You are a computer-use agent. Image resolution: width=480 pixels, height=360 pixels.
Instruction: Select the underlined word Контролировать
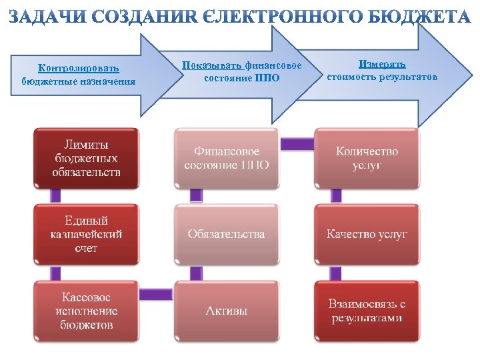(79, 68)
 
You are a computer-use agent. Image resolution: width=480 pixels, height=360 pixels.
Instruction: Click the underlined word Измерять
(382, 64)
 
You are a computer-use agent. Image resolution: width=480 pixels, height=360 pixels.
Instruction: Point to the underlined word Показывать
(212, 65)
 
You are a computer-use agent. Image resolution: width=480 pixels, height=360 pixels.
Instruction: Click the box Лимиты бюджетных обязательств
(87, 158)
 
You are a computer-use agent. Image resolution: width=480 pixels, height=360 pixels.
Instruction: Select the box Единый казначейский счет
(87, 234)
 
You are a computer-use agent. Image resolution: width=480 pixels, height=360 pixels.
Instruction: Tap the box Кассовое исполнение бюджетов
(87, 311)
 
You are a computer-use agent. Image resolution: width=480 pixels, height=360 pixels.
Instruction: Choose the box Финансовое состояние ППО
(227, 158)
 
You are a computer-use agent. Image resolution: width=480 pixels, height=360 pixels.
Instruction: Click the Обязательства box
(227, 234)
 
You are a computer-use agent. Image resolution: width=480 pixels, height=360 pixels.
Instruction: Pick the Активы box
(227, 311)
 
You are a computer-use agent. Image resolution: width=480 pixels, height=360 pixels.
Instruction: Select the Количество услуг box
(367, 158)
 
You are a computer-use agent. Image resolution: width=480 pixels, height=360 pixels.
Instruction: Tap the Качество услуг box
(367, 234)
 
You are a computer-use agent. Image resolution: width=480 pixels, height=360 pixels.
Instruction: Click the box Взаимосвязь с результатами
(367, 311)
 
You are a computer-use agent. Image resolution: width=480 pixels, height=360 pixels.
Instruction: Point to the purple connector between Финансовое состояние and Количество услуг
(297, 143)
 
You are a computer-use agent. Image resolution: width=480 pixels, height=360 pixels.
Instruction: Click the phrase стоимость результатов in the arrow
(382, 77)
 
